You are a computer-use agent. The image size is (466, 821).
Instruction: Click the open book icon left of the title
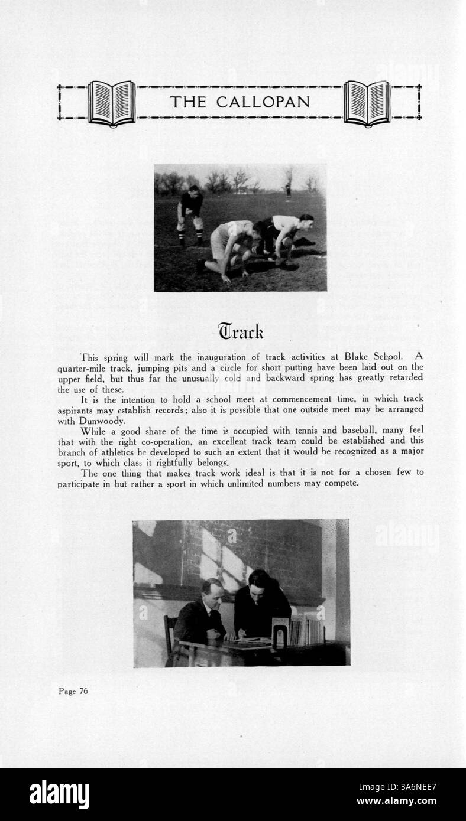point(112,103)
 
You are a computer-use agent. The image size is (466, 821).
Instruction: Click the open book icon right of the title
point(367,103)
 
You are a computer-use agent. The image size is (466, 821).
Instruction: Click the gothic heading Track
point(240,331)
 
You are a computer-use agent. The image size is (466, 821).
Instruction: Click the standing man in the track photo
point(190,215)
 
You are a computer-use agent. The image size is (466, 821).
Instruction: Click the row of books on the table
point(306,631)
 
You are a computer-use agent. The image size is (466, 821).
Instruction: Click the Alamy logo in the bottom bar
point(59,794)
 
